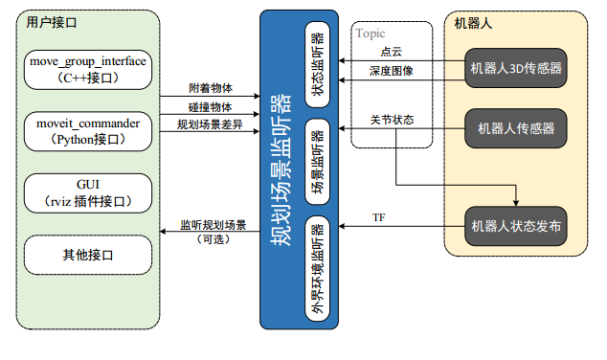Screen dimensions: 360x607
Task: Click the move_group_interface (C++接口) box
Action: (88, 69)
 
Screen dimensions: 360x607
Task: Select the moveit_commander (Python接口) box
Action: (88, 131)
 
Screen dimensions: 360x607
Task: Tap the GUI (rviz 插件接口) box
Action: (88, 192)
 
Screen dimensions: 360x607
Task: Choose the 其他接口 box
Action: (88, 254)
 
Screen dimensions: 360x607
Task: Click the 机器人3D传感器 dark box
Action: (516, 68)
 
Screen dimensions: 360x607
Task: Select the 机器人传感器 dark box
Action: (516, 127)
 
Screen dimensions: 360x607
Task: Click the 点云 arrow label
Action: (391, 52)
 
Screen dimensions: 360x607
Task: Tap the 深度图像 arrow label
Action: (391, 72)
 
